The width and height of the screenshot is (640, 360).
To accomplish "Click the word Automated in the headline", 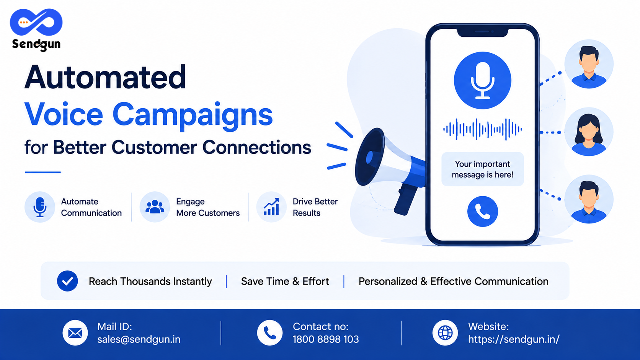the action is click(105, 77).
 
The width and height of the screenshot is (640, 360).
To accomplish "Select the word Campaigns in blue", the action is click(193, 116).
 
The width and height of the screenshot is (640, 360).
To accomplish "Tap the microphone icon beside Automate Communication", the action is click(40, 207).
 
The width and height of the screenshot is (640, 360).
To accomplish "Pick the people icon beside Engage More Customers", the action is click(155, 207).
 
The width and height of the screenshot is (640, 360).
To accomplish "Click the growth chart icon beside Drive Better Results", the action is click(271, 207).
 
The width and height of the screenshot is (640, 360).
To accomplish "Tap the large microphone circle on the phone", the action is click(483, 80).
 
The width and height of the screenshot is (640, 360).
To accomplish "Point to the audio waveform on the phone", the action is click(483, 129).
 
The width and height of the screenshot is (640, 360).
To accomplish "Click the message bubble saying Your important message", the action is click(483, 169).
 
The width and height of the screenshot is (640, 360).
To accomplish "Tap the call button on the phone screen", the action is click(483, 212).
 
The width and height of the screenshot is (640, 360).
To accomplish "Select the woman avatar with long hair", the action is click(589, 132).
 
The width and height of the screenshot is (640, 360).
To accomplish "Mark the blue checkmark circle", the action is click(67, 281).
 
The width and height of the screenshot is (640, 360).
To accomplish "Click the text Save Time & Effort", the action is click(285, 282).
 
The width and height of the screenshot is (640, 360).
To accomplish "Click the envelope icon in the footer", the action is click(75, 333).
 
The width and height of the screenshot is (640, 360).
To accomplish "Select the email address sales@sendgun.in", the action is click(139, 339).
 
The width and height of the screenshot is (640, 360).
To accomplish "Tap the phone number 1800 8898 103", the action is click(326, 339).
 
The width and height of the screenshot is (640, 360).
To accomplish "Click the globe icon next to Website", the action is click(445, 333).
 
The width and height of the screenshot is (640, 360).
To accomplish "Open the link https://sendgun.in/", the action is click(514, 339).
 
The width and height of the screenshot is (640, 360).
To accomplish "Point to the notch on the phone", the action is click(483, 32).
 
